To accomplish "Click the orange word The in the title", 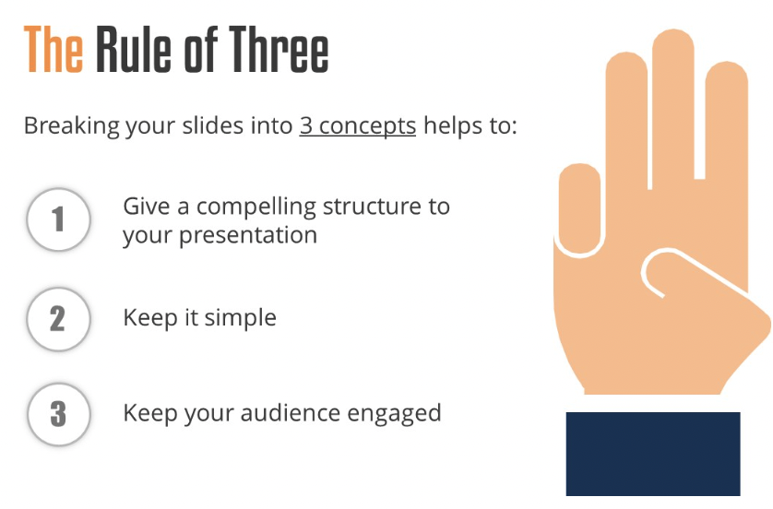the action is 54,49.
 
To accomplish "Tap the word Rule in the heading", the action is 134,49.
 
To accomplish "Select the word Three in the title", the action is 279,49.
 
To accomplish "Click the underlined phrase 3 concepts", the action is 357,126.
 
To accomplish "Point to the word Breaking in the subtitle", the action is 71,126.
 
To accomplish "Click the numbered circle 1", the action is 59,219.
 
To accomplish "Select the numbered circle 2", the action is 59,319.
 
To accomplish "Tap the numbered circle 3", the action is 59,414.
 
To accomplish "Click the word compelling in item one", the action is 256,207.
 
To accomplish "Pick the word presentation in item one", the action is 248,235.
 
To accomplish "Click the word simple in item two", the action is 241,318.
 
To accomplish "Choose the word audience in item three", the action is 291,413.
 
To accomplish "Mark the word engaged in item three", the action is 394,414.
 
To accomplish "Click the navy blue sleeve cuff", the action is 653,454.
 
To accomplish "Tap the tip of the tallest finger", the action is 673,30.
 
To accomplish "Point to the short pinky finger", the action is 579,208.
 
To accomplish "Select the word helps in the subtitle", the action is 453,126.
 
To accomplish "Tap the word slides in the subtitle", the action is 212,125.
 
